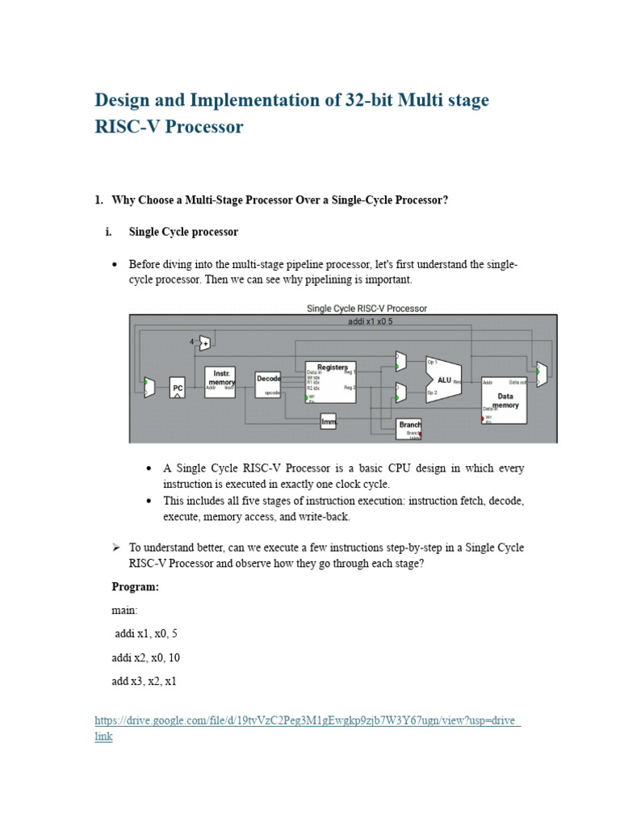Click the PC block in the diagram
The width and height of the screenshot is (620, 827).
click(x=178, y=388)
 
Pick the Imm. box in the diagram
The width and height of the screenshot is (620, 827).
click(x=328, y=421)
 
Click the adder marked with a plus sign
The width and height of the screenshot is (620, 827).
click(x=205, y=343)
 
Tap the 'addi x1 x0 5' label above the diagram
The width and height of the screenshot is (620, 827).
click(x=369, y=321)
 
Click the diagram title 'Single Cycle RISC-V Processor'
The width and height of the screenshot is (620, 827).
click(x=367, y=308)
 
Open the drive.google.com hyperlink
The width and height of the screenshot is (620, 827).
click(x=307, y=720)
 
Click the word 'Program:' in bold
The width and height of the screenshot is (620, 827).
click(x=135, y=587)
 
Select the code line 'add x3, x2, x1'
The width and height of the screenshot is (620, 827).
click(x=144, y=681)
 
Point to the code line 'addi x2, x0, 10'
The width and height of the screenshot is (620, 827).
click(x=147, y=657)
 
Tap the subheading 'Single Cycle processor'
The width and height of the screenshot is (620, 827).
click(x=183, y=232)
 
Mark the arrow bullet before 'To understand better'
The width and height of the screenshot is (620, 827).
click(x=115, y=548)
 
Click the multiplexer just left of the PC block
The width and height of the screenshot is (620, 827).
click(x=149, y=387)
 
